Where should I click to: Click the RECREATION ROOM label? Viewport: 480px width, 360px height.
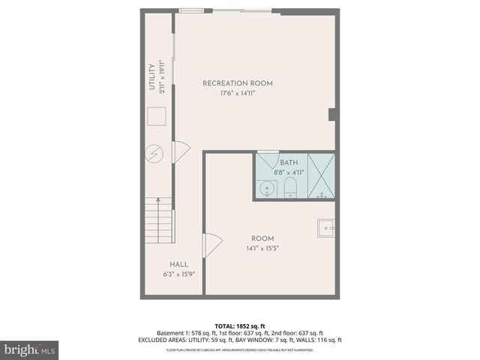click(x=237, y=83)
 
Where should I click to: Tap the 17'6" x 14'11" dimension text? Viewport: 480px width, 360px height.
click(x=237, y=94)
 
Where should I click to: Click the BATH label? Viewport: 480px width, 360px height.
click(x=289, y=163)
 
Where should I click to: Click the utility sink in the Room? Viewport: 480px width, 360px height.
click(x=325, y=226)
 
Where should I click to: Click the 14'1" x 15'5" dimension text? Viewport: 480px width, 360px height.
click(x=262, y=249)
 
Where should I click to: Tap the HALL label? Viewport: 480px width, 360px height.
click(x=178, y=264)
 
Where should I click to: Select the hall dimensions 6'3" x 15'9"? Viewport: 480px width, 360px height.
click(x=178, y=274)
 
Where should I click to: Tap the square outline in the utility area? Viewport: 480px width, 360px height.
click(x=156, y=117)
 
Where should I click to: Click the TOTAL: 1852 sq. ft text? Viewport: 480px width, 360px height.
click(x=239, y=325)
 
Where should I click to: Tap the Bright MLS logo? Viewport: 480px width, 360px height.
click(x=30, y=349)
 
